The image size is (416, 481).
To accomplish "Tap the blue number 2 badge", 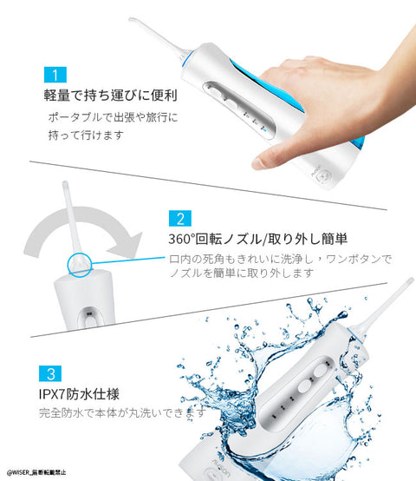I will point(179,218).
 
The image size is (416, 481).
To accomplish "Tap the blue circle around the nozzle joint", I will point(76,261).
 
